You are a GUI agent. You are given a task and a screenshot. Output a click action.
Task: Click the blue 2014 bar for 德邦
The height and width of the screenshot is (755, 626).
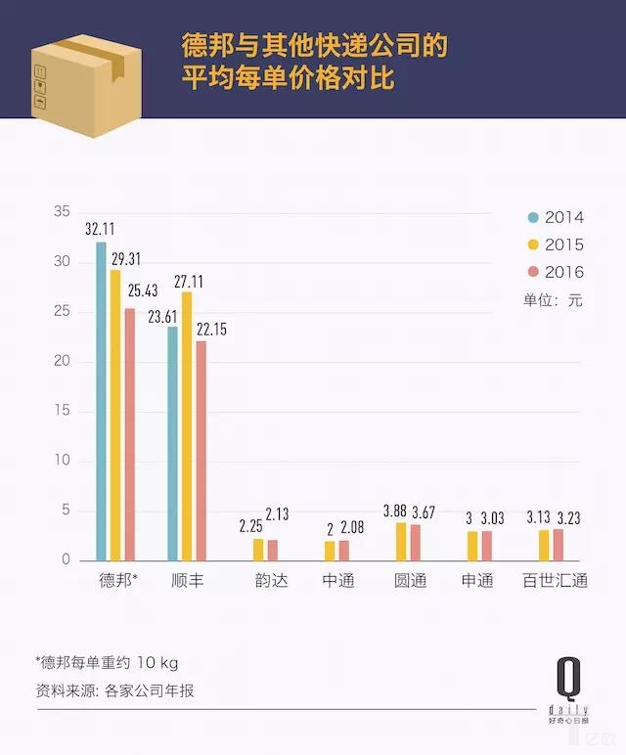(x=101, y=401)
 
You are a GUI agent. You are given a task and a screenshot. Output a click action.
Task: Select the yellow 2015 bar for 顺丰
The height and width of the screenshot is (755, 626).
(x=187, y=425)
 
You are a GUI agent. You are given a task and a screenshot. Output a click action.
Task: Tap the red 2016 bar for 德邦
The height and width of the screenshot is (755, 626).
(x=130, y=434)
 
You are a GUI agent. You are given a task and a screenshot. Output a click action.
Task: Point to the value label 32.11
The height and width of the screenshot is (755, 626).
(x=100, y=229)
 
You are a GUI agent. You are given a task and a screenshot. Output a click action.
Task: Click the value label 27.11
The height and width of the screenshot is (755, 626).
(x=188, y=281)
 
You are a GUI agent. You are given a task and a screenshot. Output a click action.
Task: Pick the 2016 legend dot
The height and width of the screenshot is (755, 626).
(x=533, y=272)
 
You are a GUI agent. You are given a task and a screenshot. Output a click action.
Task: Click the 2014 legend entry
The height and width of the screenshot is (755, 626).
(x=555, y=217)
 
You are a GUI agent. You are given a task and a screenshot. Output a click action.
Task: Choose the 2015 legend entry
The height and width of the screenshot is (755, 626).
(x=555, y=244)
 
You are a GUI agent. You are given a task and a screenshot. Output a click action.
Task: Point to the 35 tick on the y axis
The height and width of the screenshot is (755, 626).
(x=63, y=212)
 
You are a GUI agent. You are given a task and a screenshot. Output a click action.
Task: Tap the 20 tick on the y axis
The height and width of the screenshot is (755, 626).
(x=63, y=362)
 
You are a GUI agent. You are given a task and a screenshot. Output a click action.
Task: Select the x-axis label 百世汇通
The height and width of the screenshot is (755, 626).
(x=555, y=581)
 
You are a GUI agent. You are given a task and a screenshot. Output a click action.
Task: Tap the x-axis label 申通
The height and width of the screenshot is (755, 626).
(x=477, y=581)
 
